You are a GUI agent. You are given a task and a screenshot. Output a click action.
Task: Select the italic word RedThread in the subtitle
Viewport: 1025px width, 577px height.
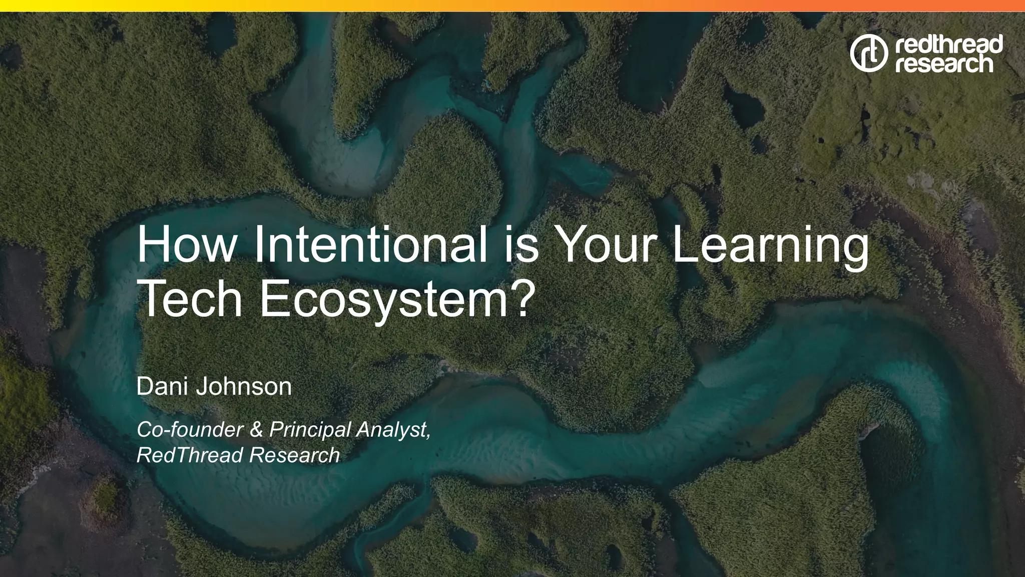(190, 455)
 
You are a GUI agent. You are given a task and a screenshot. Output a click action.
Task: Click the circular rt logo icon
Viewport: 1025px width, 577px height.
(868, 53)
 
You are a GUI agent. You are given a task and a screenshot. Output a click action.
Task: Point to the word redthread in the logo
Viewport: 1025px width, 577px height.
(948, 44)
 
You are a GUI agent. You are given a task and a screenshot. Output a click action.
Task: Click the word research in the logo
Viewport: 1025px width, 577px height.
(943, 64)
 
